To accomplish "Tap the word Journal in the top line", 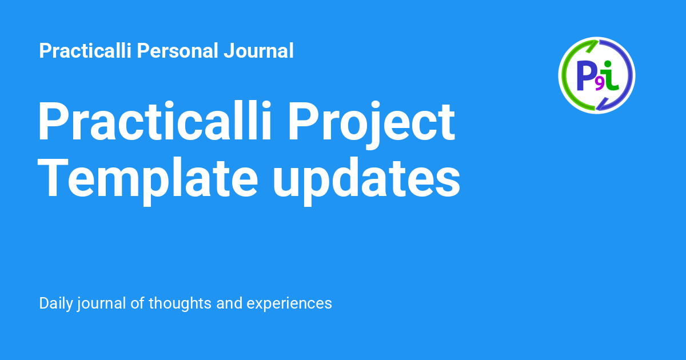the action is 259,51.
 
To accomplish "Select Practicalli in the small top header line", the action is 85,50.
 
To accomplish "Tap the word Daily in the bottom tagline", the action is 56,303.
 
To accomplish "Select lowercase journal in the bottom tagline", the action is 101,303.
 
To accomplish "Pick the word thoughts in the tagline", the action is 180,303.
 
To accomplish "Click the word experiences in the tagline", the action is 289,303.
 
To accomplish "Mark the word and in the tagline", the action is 229,303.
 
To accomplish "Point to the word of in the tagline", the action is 137,303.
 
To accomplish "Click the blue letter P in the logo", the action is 585,75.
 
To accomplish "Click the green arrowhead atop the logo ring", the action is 592,46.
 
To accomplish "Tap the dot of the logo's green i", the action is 608,63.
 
